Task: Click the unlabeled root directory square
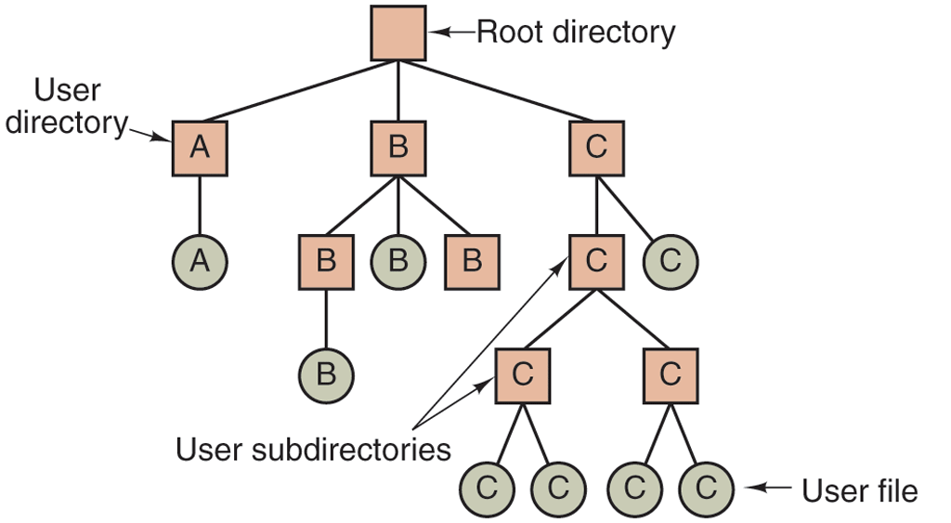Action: coord(398,33)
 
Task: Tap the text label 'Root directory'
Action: coord(576,33)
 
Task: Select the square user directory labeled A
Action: coord(200,148)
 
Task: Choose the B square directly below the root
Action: coord(398,148)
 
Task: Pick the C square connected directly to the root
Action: coord(597,148)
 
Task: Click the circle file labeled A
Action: coord(200,260)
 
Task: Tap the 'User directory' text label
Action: coord(65,107)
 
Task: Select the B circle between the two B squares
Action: coord(398,260)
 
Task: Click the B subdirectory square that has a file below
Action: coord(326,261)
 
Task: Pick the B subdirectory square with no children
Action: coord(472,261)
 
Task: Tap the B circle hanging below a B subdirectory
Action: coord(326,373)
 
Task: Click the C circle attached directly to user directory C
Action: coord(670,260)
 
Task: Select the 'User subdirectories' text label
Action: coord(313,450)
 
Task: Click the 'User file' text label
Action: coord(859,490)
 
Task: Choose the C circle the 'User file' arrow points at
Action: coord(706,488)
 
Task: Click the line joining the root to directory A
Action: coord(297,92)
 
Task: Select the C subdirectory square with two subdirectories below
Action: coord(597,261)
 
